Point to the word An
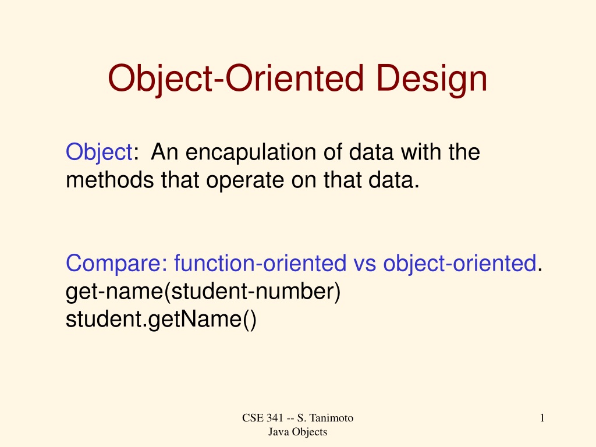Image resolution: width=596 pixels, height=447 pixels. pos(165,152)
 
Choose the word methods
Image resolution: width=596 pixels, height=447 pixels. pos(110,180)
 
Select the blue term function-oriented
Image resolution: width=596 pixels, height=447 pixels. pos(260,263)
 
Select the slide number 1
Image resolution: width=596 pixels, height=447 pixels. pos(542,418)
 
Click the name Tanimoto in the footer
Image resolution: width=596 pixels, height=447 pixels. pos(331,418)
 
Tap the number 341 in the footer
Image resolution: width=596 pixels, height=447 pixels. pos(275,418)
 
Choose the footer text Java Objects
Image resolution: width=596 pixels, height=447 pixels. pos(297,432)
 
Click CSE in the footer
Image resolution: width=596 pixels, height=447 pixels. pos(253,418)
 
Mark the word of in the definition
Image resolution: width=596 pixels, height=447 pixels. pos(332,152)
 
